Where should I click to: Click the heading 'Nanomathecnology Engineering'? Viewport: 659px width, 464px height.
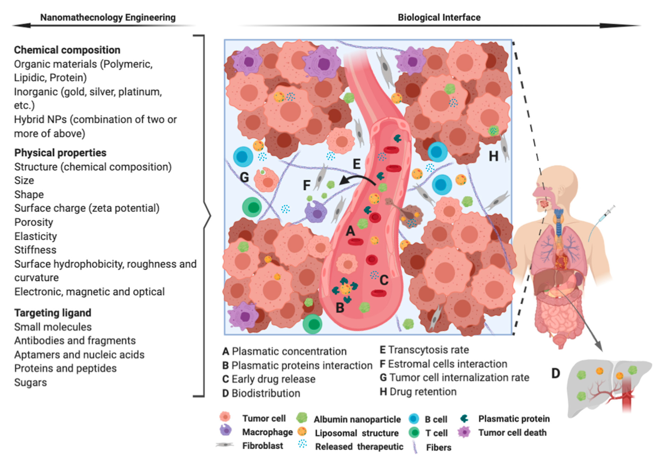108,17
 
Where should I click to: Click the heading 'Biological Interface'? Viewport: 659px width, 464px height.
439,17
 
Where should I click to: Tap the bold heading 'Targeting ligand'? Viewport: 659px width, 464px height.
53,313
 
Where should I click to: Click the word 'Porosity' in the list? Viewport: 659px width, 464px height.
34,222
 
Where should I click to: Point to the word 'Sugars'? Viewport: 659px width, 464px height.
30,382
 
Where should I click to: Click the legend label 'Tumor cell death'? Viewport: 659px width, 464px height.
512,432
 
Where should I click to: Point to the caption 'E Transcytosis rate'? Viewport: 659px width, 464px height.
424,350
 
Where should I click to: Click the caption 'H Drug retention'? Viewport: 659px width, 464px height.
418,392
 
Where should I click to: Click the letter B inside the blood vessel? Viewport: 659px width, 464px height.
340,308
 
